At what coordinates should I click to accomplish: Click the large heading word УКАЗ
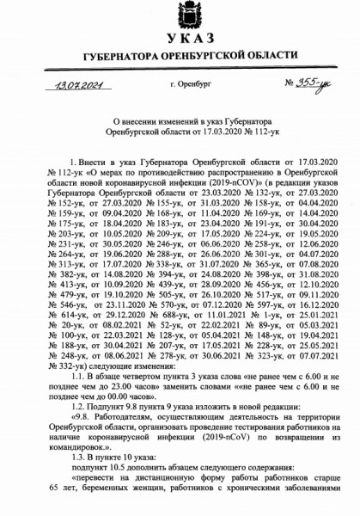point(180,42)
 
